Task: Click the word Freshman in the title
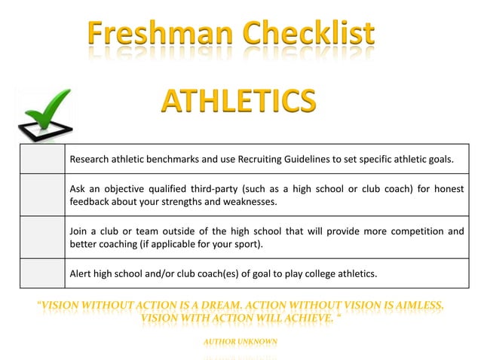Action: tap(158, 34)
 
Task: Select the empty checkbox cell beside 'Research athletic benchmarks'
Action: tap(42, 159)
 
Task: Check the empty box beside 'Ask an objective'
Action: tap(42, 194)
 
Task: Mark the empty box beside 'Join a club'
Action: tap(42, 237)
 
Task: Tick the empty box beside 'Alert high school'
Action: tap(42, 273)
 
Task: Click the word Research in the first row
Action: tap(90, 160)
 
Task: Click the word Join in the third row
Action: tap(79, 231)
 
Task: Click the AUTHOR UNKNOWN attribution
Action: tap(240, 342)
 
